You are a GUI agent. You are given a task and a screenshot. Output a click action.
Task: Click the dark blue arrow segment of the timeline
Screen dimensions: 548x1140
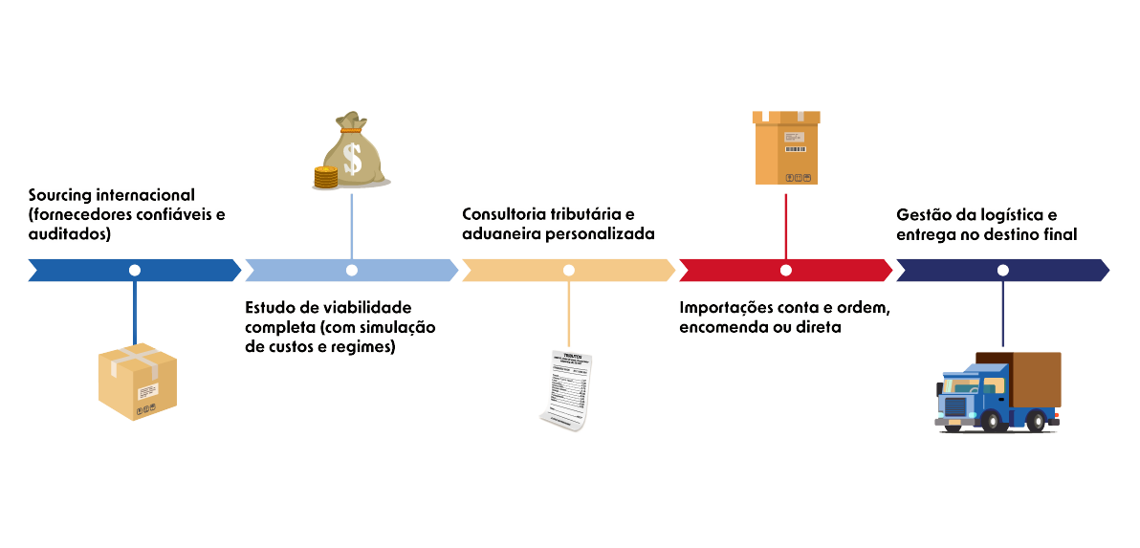point(86,271)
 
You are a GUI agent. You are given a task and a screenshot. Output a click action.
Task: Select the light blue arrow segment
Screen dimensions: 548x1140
point(402,271)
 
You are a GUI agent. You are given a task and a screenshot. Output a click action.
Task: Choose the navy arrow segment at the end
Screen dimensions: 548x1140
point(1052,271)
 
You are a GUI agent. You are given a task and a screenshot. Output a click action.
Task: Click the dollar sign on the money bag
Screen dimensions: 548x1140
point(354,157)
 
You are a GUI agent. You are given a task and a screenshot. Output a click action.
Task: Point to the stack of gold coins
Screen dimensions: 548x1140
point(326,177)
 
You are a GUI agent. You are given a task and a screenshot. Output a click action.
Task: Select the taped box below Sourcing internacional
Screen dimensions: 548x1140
point(138,383)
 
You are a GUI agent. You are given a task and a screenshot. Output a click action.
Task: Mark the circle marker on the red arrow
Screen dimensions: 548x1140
point(786,271)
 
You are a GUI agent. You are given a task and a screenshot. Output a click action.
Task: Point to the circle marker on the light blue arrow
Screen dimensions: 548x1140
point(352,271)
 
